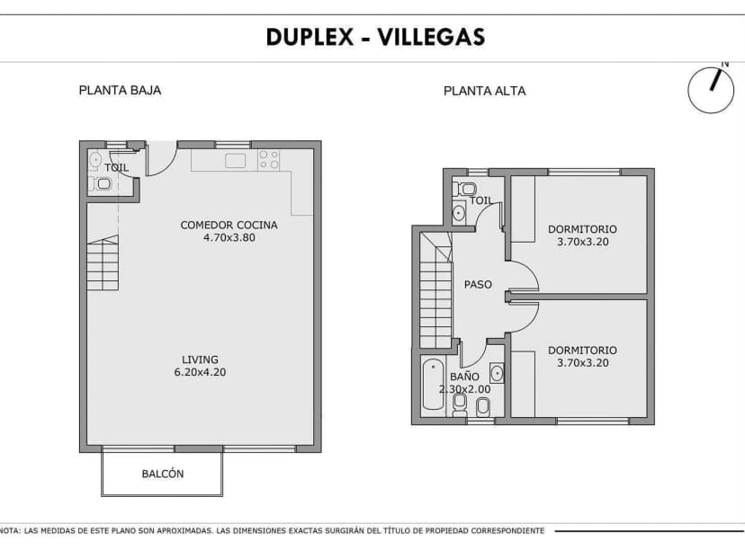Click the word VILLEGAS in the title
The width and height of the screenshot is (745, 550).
click(x=430, y=37)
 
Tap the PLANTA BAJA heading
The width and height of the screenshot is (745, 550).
click(x=120, y=90)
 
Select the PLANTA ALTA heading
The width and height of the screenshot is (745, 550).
click(x=484, y=91)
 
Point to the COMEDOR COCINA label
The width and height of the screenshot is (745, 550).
click(x=229, y=226)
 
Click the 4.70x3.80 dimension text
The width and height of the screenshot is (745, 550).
click(x=229, y=238)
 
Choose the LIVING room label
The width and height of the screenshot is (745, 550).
click(x=200, y=359)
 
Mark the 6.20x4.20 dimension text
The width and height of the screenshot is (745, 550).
click(x=200, y=372)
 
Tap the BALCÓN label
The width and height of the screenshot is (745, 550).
click(x=163, y=474)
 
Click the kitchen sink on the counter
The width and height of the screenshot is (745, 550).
click(x=236, y=161)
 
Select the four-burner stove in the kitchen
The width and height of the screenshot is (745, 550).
click(x=269, y=160)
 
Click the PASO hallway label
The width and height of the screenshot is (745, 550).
click(x=478, y=285)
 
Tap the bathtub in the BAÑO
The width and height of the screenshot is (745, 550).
click(x=433, y=385)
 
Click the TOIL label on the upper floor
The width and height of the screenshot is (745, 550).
click(x=481, y=201)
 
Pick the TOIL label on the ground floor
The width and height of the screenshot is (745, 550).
click(x=117, y=168)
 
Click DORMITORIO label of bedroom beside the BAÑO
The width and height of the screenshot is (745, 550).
click(x=582, y=350)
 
